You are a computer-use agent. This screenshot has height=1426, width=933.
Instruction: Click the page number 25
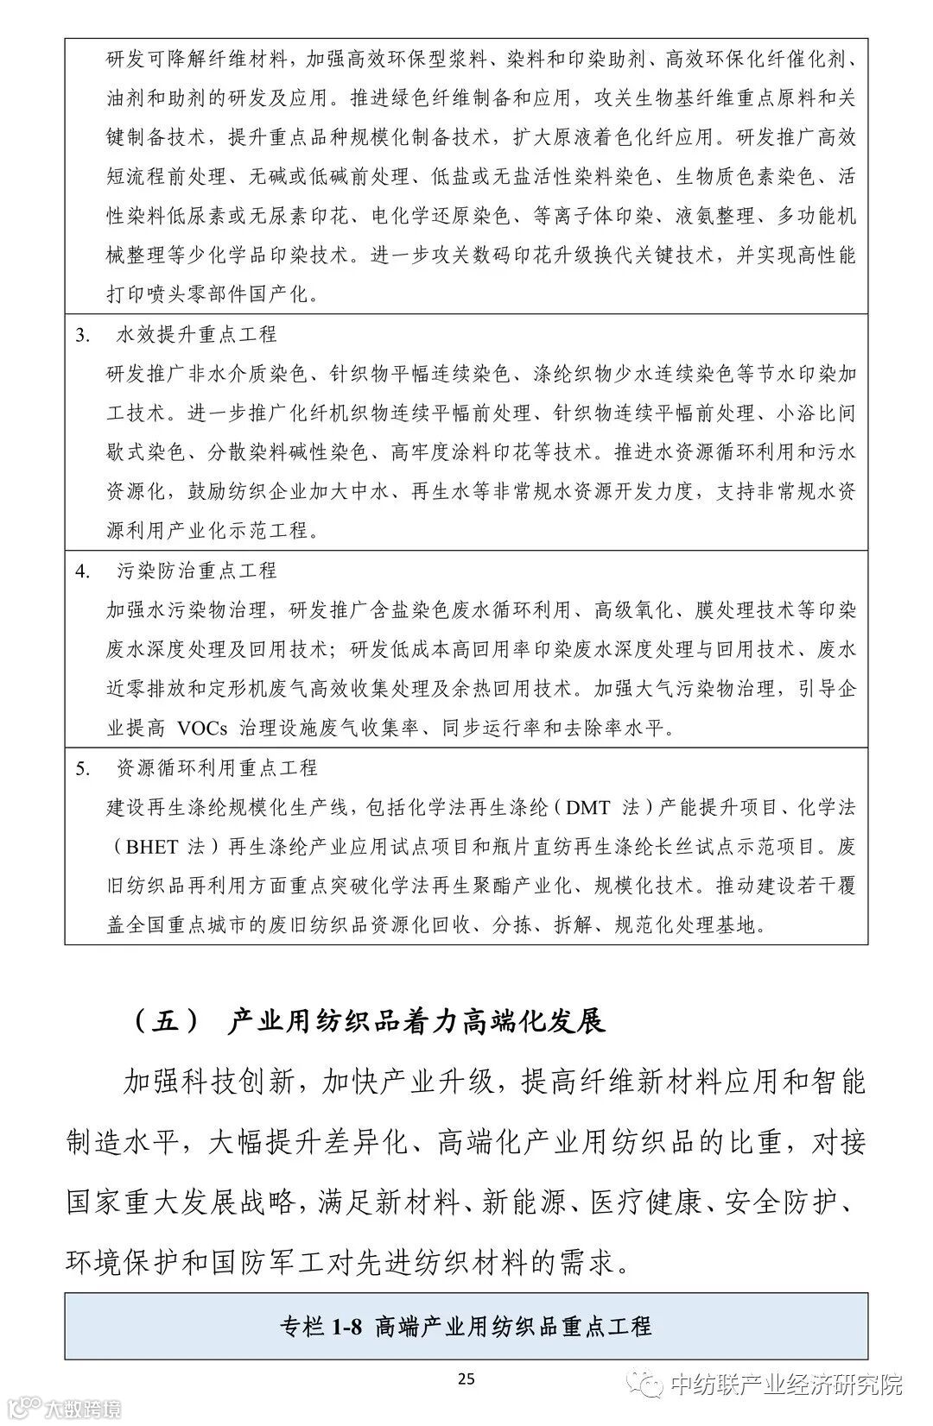pos(466,1379)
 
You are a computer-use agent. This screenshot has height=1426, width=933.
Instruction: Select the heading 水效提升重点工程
pos(196,335)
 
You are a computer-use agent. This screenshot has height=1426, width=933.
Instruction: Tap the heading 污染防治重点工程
pos(196,571)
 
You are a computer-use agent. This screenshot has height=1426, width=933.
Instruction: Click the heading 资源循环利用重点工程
pos(217,767)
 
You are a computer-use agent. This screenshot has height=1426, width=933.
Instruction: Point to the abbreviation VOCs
pos(202,728)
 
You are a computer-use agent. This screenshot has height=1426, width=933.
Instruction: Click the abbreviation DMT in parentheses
pos(588,807)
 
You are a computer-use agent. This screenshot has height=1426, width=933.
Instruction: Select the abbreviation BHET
pos(152,847)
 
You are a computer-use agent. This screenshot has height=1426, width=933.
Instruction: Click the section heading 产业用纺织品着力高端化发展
pos(416,1020)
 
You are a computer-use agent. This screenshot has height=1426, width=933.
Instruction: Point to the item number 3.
pos(83,335)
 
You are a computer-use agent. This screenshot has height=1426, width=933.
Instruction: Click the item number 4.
pos(83,571)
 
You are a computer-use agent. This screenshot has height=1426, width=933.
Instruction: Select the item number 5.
pos(83,767)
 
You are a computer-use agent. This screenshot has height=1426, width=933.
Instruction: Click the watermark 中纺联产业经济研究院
pos(786,1385)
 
